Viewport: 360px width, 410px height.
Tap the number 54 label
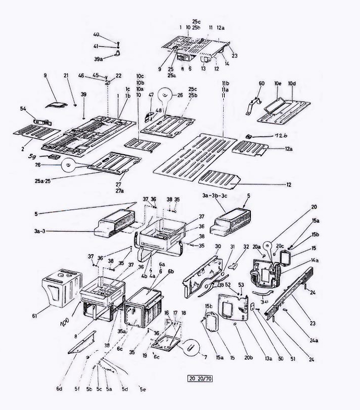tap(24, 109)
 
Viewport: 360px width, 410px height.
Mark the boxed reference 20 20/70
tap(199, 378)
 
